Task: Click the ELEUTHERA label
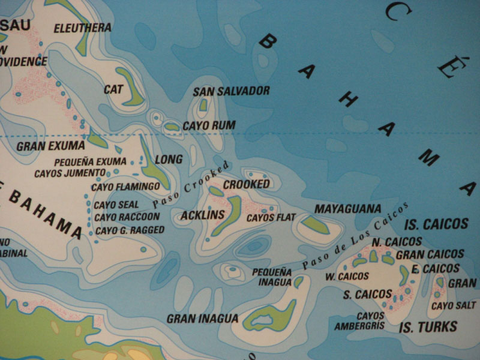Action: point(83,28)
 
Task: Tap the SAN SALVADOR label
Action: point(231,91)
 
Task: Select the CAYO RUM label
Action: point(209,125)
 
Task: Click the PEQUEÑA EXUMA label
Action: point(90,161)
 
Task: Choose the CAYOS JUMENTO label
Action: point(70,173)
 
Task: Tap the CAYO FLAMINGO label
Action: point(125,187)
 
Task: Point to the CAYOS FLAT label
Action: point(268,217)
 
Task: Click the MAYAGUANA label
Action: point(348,209)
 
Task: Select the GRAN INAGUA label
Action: point(202,319)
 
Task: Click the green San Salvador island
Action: point(203,105)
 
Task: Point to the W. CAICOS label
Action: point(347,277)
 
